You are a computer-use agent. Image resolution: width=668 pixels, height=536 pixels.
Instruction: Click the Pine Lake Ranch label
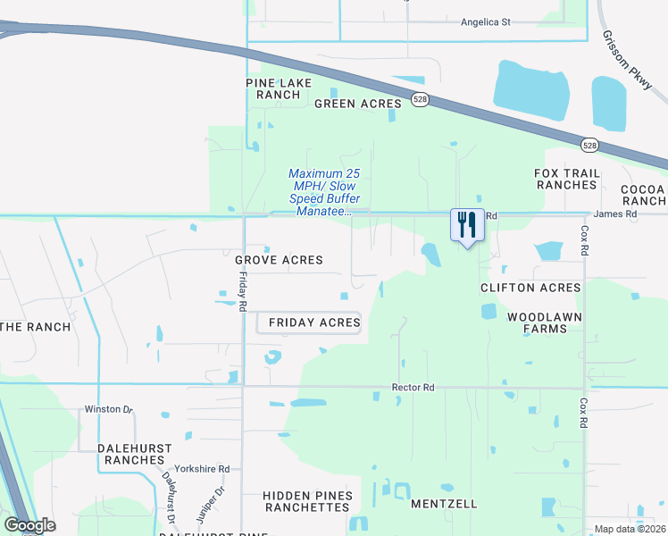(279, 88)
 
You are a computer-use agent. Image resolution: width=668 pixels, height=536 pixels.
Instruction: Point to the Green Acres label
(358, 104)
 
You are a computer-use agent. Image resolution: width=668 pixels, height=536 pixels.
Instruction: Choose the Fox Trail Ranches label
(565, 179)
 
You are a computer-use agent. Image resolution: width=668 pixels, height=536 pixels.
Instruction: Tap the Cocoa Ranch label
(644, 195)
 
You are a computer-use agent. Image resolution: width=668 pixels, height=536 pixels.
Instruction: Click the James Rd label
(614, 214)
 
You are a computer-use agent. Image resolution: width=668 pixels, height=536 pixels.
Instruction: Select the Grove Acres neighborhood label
(279, 260)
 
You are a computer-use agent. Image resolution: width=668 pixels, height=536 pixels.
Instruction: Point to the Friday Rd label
(242, 293)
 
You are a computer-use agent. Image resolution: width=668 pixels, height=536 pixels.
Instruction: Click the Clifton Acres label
(530, 288)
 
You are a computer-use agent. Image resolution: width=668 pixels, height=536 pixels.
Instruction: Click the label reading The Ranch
(36, 327)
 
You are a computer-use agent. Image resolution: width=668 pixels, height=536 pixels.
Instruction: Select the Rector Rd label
(413, 388)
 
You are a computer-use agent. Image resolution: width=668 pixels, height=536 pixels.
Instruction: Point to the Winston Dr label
(108, 409)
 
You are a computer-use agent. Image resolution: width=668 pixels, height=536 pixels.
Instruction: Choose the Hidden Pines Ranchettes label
(307, 501)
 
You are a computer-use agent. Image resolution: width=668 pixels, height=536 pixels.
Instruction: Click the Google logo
(29, 525)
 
